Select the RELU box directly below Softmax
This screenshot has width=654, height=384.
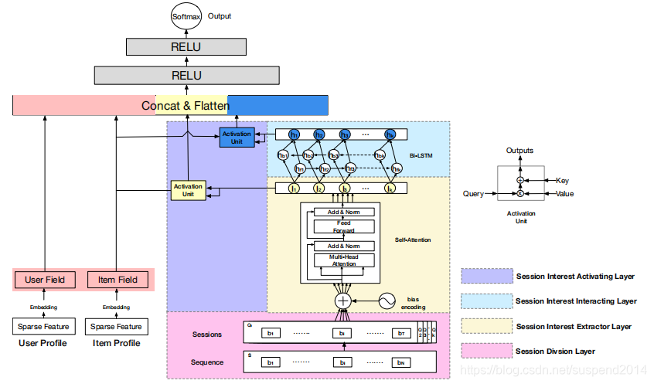[186, 47]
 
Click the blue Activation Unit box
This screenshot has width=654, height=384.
[237, 138]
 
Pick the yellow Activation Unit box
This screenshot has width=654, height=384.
[189, 190]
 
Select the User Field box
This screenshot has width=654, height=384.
[45, 280]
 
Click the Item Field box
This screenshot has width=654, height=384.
[117, 280]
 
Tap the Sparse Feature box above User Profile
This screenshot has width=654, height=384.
[43, 328]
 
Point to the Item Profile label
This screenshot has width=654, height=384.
[116, 342]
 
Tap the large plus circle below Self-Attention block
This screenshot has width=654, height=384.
[343, 301]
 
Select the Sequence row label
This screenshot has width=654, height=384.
[208, 362]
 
